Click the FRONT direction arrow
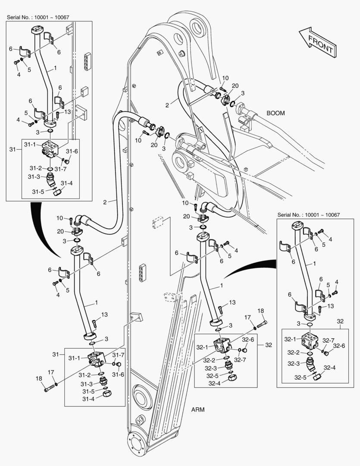click(x=317, y=43)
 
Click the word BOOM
click(x=275, y=113)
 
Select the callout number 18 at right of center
click(x=261, y=311)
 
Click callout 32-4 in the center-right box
click(x=215, y=383)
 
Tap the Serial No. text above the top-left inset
click(x=38, y=17)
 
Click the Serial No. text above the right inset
click(x=309, y=214)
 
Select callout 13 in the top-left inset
click(x=67, y=112)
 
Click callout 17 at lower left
click(x=50, y=372)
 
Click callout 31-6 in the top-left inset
click(x=72, y=151)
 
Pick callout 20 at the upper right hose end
click(x=235, y=86)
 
